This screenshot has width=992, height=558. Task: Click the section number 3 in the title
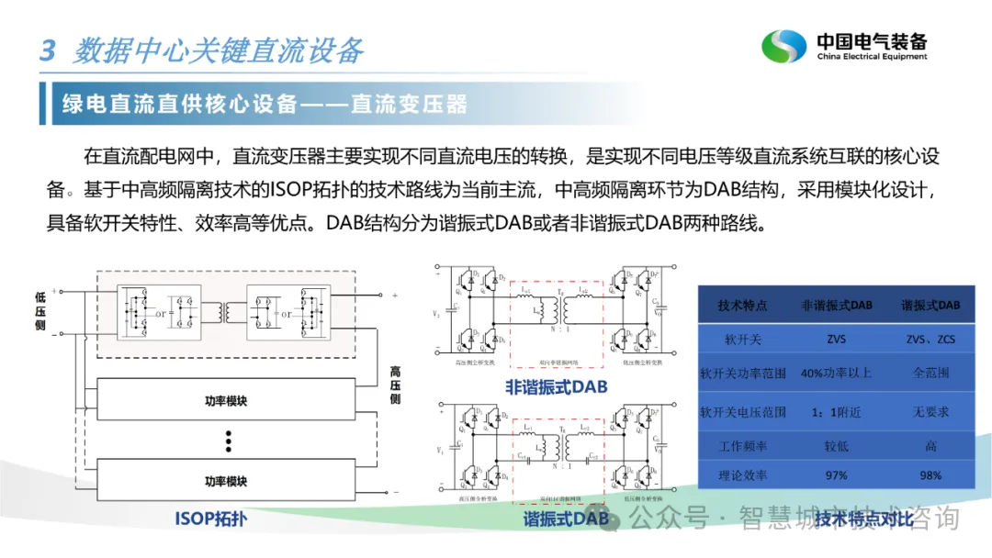click(x=48, y=50)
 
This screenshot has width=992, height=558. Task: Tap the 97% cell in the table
click(x=836, y=474)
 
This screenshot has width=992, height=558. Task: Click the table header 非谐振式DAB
click(x=836, y=305)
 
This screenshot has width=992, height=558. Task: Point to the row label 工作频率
click(x=742, y=446)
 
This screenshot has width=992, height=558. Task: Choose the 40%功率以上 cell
click(x=836, y=374)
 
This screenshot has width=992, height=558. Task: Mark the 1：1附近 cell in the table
click(x=836, y=412)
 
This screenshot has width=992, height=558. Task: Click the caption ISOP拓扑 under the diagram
click(x=211, y=519)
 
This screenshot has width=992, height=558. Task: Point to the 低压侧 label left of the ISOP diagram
click(x=40, y=311)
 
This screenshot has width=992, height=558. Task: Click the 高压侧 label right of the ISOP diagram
click(x=395, y=385)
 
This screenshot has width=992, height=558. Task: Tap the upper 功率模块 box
click(x=226, y=401)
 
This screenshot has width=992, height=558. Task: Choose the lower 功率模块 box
click(x=226, y=481)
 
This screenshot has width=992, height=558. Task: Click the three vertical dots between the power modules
click(x=227, y=441)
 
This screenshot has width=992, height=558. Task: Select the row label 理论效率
click(x=742, y=474)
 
